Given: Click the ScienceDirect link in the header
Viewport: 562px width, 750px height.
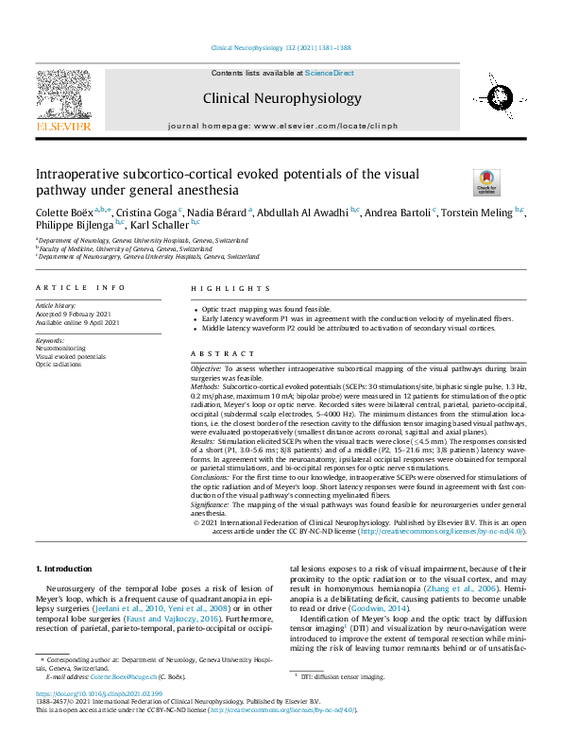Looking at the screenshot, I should coord(330,73).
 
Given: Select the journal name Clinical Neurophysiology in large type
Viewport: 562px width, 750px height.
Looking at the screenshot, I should coord(281,97).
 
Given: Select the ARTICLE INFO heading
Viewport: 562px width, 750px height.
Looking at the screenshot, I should coord(79,287).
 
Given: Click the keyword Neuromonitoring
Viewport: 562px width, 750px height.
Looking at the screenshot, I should coord(59,348).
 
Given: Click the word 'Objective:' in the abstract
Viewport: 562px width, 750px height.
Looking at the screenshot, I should coord(206,366).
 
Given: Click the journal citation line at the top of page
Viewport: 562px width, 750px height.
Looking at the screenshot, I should coord(281,48).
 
